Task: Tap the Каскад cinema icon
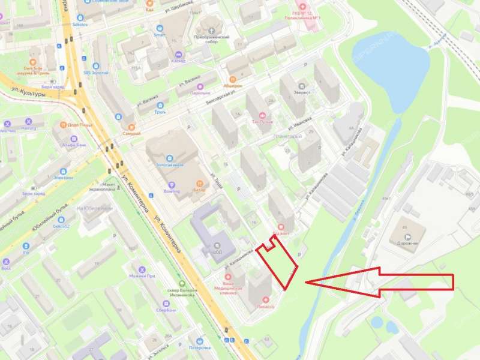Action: (x=178, y=55)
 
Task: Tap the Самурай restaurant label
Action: (x=131, y=133)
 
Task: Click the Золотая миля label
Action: (x=169, y=164)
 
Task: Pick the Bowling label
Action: (x=172, y=191)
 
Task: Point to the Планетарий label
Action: (x=287, y=136)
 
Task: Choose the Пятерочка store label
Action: (x=200, y=347)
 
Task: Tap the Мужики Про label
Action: (x=143, y=276)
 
